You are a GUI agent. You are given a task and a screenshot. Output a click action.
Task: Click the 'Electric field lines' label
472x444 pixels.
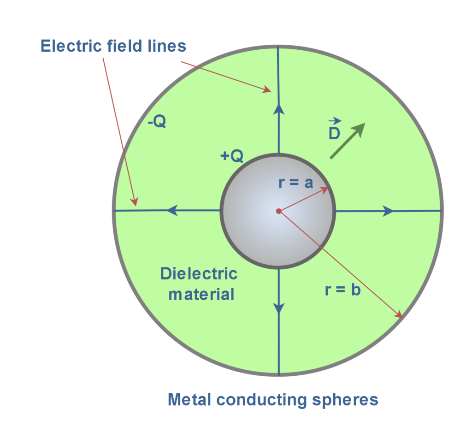(113, 46)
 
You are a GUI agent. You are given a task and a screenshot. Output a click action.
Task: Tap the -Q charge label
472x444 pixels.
(157, 123)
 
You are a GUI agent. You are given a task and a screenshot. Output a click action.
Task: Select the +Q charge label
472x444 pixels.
(231, 157)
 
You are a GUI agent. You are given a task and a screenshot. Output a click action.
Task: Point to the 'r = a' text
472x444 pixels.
(296, 183)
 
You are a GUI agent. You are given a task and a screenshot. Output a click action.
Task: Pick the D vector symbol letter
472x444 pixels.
(334, 133)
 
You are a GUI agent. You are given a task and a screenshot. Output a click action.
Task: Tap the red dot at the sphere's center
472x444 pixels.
(278, 211)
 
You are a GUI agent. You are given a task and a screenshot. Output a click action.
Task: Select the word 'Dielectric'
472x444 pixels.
(199, 274)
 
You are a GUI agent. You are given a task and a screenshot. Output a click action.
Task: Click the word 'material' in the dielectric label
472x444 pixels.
(201, 294)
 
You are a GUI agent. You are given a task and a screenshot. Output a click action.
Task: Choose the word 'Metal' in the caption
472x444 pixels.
(189, 399)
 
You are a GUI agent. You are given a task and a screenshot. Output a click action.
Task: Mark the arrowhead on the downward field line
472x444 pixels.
(278, 308)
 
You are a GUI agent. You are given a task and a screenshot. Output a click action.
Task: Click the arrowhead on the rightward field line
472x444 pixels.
(388, 211)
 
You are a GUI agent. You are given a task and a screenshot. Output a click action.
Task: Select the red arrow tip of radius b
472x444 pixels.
(401, 317)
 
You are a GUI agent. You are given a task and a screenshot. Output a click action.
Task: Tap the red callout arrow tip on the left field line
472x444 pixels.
(136, 204)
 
